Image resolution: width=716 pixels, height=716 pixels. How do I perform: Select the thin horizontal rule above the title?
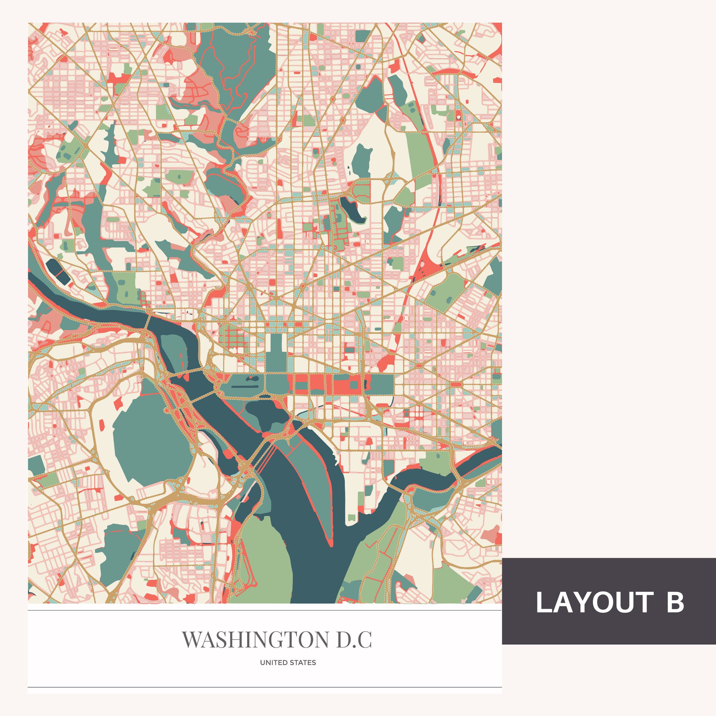coord(265,610)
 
